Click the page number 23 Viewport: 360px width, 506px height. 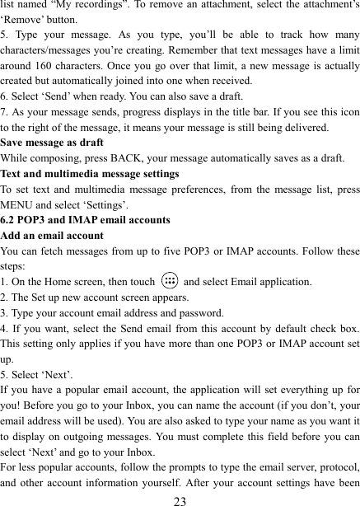pyautogui.click(x=180, y=499)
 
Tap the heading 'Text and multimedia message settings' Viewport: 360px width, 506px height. pyautogui.click(x=91, y=174)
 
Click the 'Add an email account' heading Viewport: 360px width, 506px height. pyautogui.click(x=53, y=236)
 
